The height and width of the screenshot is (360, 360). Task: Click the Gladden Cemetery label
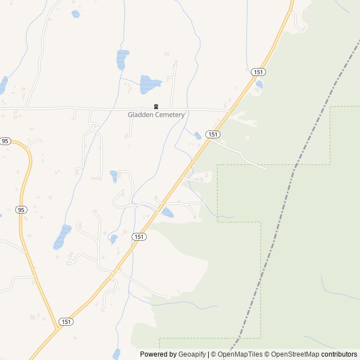pyautogui.click(x=156, y=115)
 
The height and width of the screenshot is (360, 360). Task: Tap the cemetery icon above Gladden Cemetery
pyautogui.click(x=156, y=107)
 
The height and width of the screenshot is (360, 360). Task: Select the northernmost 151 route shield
pyautogui.click(x=259, y=72)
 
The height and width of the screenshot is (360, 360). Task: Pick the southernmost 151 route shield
pyautogui.click(x=66, y=322)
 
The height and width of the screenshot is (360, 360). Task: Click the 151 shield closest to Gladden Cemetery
pyautogui.click(x=212, y=134)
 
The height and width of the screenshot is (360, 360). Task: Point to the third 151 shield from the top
pyautogui.click(x=139, y=237)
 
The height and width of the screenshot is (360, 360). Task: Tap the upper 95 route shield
pyautogui.click(x=6, y=141)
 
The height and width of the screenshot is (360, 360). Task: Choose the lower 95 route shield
pyautogui.click(x=21, y=210)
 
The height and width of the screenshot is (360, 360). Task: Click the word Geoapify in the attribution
pyautogui.click(x=192, y=354)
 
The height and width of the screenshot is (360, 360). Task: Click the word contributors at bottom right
pyautogui.click(x=339, y=354)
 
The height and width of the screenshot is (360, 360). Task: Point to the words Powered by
pyautogui.click(x=158, y=354)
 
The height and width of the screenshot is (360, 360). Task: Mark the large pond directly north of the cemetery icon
pyautogui.click(x=150, y=84)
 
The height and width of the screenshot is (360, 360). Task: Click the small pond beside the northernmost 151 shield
pyautogui.click(x=259, y=84)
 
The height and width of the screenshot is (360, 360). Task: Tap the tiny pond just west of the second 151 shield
pyautogui.click(x=197, y=136)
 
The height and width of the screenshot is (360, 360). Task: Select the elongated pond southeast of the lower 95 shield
pyautogui.click(x=62, y=237)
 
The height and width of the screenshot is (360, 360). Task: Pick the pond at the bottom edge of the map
pyautogui.click(x=116, y=354)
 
